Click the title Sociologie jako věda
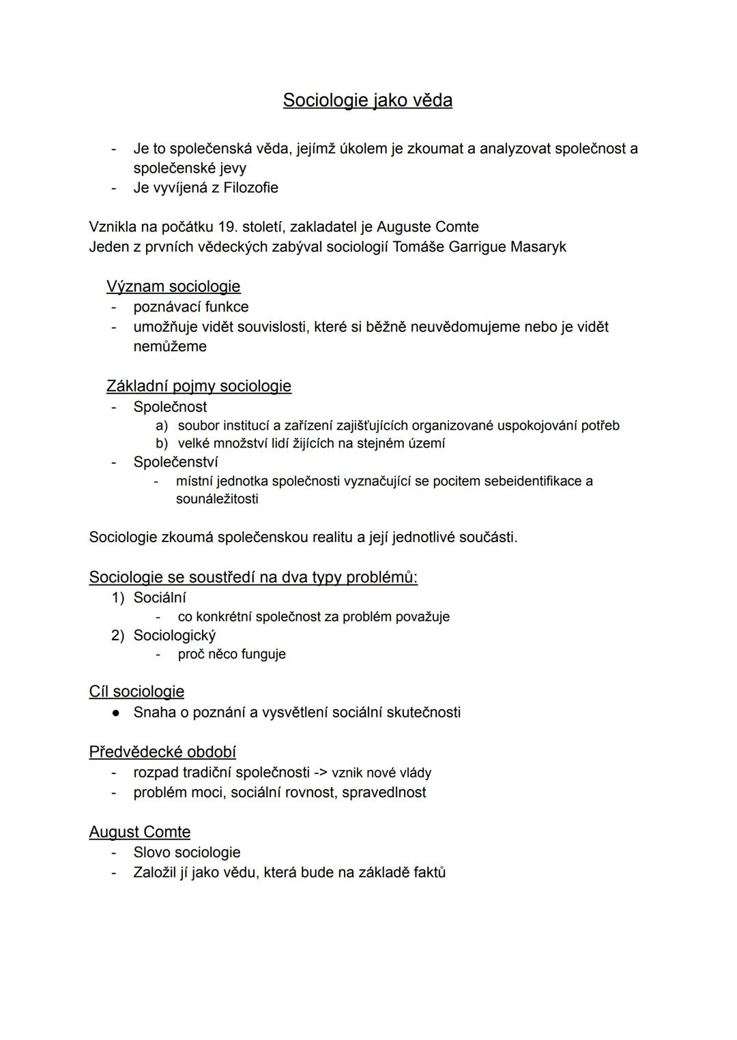pos(367,100)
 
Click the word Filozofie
pos(250,188)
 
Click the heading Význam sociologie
pos(173,286)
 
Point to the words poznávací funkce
pos(191,307)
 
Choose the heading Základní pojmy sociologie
pos(199,386)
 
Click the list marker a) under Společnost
pos(162,426)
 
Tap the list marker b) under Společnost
pos(162,443)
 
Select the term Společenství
pos(175,462)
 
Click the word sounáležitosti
pos(217,499)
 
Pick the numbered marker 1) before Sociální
pos(118,597)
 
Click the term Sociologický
pos(175,636)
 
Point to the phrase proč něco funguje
pos(231,654)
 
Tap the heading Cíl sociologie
pos(136,692)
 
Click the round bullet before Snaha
pos(117,713)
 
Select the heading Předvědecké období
pos(162,752)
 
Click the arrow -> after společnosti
pos(321,773)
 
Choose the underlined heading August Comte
pos(140,832)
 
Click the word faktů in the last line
pos(429,872)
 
